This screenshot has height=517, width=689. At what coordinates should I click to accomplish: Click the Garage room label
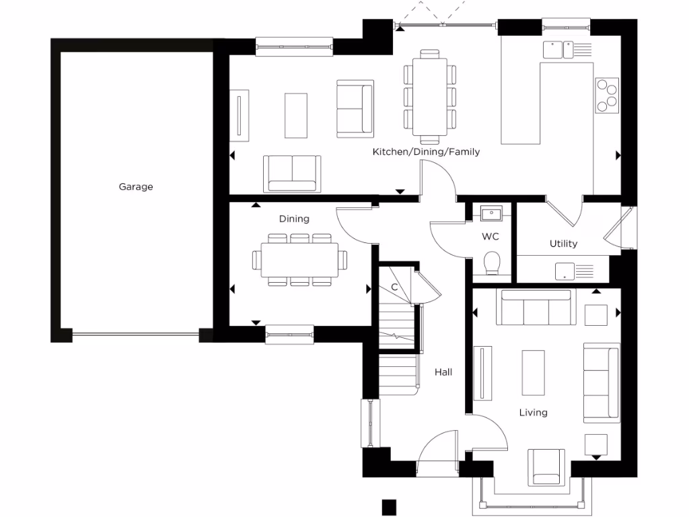136,187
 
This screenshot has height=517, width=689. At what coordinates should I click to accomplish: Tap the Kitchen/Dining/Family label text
426,152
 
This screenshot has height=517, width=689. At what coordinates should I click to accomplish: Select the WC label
490,237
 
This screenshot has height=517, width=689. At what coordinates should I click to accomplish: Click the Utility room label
563,244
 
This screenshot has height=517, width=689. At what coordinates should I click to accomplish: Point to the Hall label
443,372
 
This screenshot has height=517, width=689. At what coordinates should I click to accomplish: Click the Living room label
533,412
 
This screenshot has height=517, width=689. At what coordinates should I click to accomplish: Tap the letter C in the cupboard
395,287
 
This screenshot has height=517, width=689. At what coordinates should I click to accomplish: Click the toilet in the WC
492,263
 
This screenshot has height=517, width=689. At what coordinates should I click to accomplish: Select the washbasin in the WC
491,214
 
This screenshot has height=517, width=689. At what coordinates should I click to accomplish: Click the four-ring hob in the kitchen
606,94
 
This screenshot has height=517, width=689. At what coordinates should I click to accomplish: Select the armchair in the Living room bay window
546,467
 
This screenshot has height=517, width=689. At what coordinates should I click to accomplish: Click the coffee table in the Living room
534,372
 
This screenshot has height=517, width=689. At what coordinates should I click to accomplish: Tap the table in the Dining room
300,260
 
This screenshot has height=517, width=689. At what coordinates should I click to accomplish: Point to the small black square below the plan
389,506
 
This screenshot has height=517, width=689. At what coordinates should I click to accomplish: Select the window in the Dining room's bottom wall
289,335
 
